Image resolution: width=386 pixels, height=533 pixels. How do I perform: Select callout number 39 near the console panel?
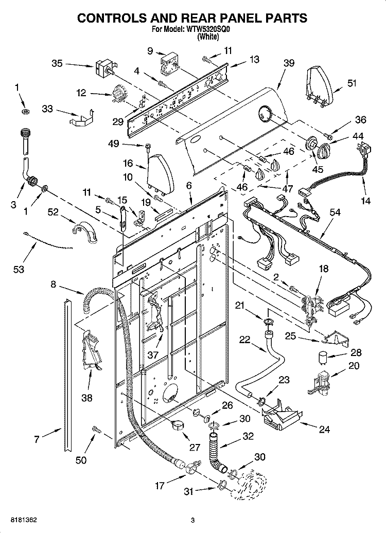click(x=289, y=63)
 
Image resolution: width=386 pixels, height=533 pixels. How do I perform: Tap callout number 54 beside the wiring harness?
click(x=335, y=212)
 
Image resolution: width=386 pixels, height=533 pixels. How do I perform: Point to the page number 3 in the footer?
click(x=192, y=520)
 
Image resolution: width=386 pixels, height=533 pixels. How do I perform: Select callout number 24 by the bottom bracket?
click(x=324, y=430)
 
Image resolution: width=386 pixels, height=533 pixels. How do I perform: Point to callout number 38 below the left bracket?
click(x=87, y=397)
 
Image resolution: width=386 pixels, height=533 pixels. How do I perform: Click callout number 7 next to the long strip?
click(x=37, y=439)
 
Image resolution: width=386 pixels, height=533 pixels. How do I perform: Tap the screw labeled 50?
click(x=96, y=430)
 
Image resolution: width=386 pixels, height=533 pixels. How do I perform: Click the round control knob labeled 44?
click(x=323, y=150)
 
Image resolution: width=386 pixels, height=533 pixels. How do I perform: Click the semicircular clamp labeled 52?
click(x=85, y=232)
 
